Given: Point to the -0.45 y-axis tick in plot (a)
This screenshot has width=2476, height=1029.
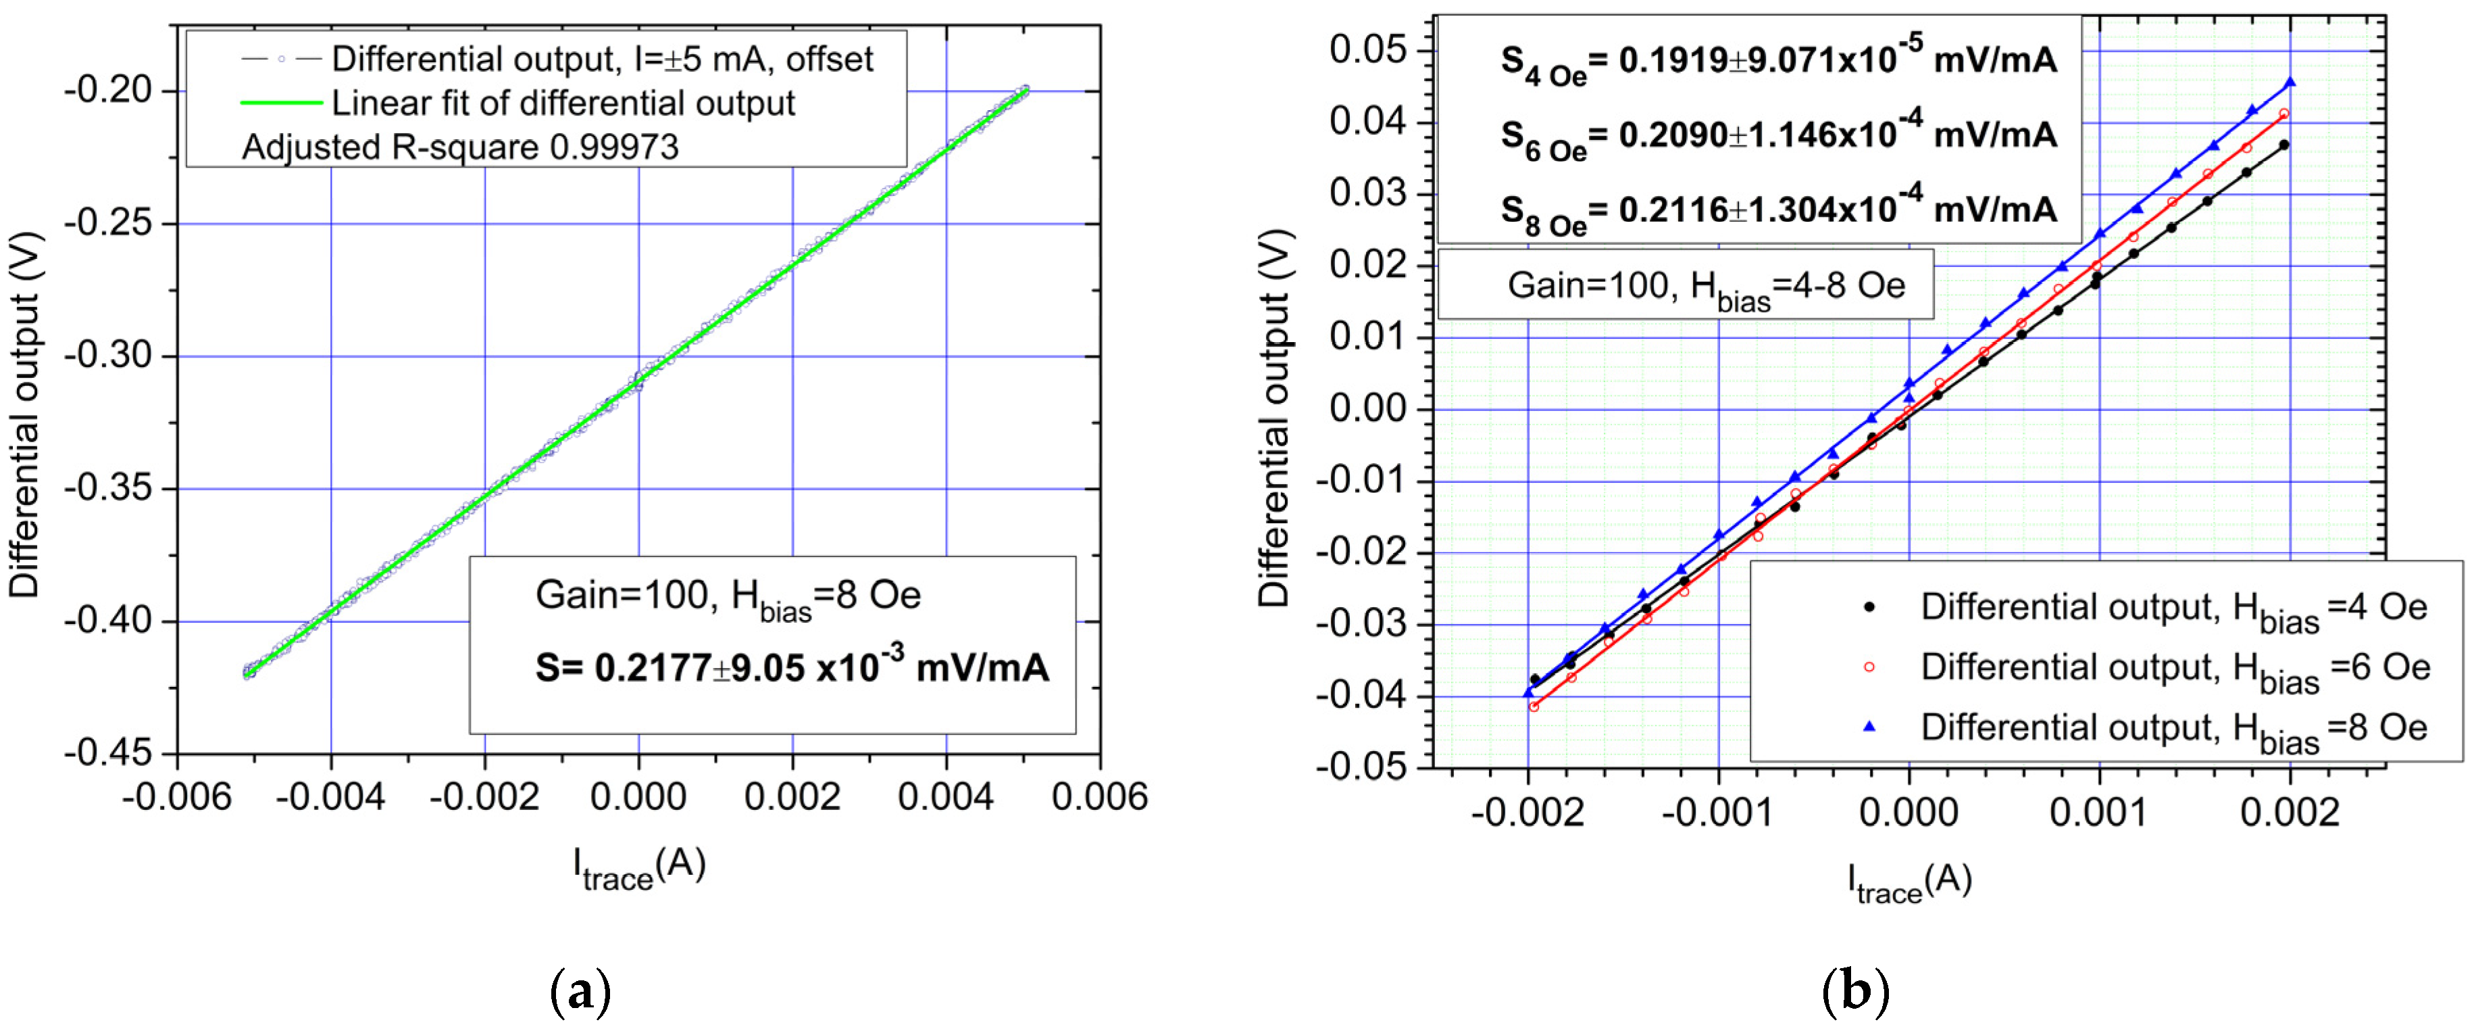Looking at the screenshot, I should (107, 753).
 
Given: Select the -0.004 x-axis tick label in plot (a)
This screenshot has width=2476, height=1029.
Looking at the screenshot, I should (330, 797).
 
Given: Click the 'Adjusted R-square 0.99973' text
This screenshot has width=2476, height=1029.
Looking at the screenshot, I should (459, 147).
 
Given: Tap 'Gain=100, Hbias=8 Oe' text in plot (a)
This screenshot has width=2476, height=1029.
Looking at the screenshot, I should (728, 597).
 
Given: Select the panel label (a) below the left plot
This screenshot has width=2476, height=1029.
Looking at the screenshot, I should (580, 992).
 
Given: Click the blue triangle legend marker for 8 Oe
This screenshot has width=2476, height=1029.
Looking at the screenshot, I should (1869, 727).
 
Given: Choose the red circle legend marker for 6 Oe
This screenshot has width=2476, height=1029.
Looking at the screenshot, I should (1869, 667).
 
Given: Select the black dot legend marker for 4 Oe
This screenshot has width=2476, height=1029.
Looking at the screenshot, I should (1869, 607).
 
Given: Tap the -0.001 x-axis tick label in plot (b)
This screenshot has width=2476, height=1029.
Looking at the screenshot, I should (1717, 813).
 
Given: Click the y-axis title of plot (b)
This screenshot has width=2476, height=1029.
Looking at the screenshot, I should (1275, 418).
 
